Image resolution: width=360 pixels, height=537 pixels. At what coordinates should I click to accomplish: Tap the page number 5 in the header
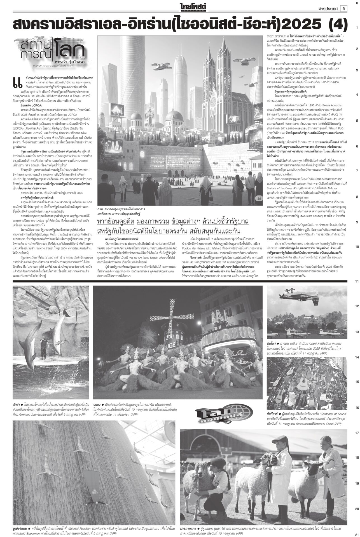tap(343, 9)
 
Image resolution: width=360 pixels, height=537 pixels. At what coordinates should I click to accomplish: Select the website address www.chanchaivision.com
tap(49, 65)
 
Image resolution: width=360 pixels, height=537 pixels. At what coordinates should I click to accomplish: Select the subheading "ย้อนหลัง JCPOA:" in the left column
tap(31, 105)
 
